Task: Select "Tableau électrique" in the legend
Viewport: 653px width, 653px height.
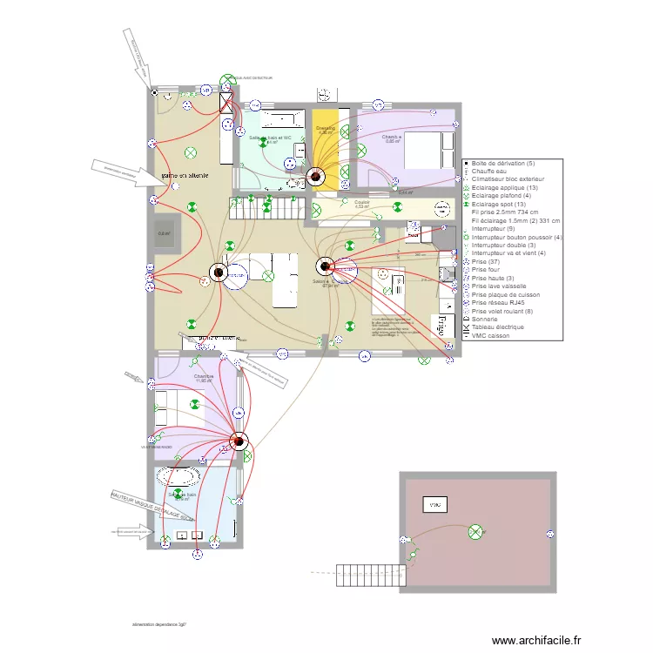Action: click(499, 327)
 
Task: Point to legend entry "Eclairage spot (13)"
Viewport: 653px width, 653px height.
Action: click(504, 204)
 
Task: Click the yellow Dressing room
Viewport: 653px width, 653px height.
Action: click(326, 139)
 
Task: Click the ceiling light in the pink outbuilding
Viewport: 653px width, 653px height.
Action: click(475, 531)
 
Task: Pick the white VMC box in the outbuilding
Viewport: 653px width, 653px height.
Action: click(433, 505)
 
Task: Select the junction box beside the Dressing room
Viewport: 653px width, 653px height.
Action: click(313, 177)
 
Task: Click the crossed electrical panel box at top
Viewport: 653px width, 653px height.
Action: click(227, 103)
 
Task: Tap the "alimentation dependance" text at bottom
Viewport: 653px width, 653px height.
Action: click(159, 624)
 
